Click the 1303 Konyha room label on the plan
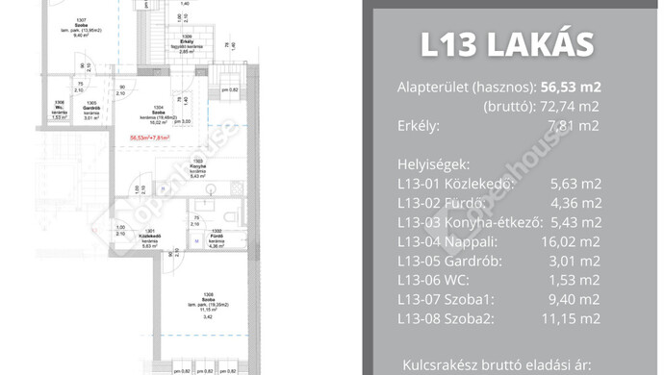click(x=197, y=168)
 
